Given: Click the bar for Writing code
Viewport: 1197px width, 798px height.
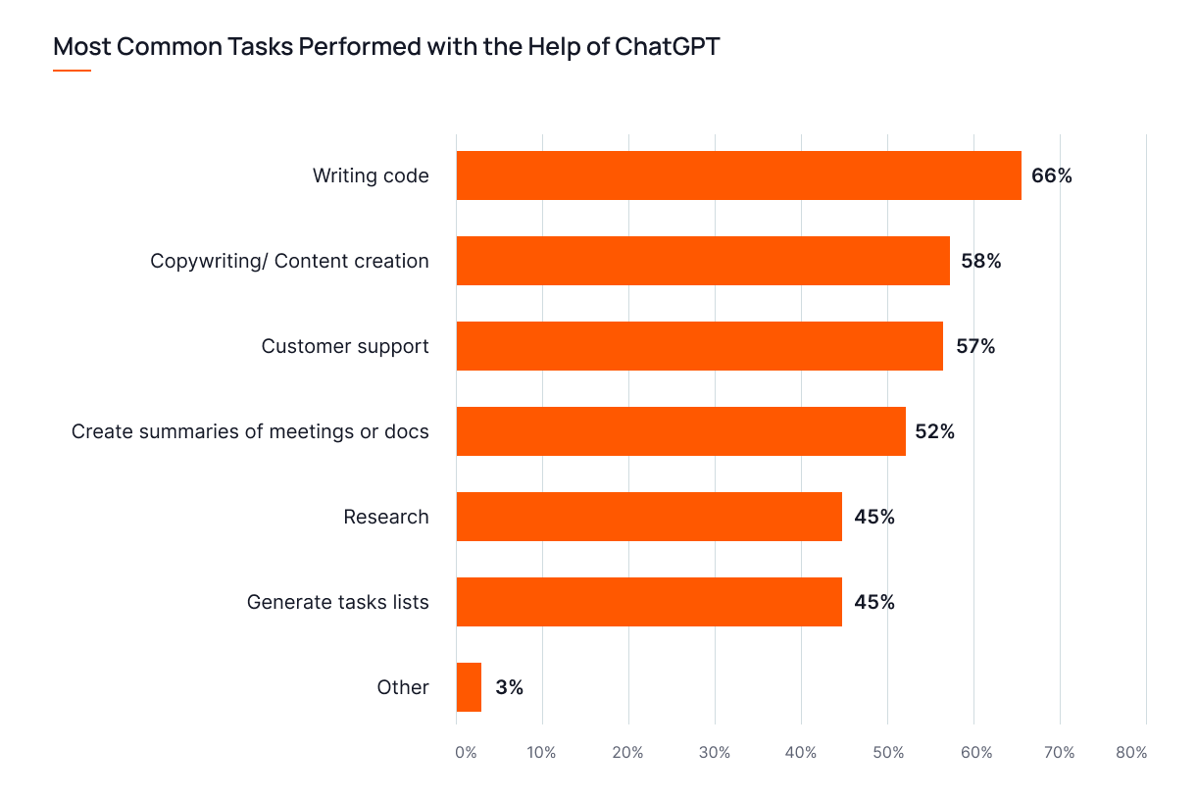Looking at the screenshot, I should [x=738, y=175].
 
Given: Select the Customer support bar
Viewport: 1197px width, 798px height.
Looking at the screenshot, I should [x=699, y=346].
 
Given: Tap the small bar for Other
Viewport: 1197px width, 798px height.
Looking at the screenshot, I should [x=469, y=687].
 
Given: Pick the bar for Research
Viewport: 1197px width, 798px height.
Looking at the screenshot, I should [x=649, y=517].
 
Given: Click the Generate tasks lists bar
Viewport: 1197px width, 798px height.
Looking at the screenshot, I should [x=649, y=602].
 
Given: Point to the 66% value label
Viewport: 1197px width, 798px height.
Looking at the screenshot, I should [x=1051, y=176].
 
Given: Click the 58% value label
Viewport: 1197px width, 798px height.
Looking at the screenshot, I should [x=980, y=262].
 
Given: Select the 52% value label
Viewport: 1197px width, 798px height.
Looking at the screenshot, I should [x=934, y=432].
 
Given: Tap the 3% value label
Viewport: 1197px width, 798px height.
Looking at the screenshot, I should [x=509, y=688].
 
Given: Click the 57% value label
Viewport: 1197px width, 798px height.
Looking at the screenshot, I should [x=974, y=347].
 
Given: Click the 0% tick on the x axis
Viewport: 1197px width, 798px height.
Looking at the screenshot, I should [x=465, y=753].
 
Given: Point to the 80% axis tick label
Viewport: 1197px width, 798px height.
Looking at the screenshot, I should [x=1131, y=753].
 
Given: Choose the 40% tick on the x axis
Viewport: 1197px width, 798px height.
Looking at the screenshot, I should [x=801, y=753].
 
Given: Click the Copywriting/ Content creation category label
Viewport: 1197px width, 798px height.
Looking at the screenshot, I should [x=289, y=262].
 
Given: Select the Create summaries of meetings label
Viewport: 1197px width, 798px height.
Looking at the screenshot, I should [x=250, y=432].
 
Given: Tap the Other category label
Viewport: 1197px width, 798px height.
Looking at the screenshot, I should [x=403, y=687].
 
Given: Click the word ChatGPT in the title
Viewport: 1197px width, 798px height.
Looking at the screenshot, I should [x=667, y=46].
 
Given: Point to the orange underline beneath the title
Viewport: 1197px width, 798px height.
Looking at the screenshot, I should [x=72, y=71].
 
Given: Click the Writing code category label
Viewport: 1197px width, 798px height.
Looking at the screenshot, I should [x=371, y=176].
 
